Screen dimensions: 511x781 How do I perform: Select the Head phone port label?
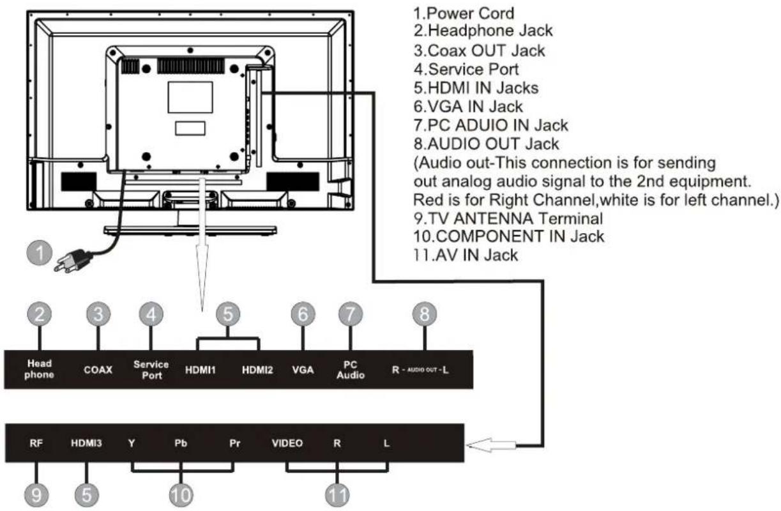click(39, 370)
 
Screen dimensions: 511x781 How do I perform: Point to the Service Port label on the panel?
click(151, 370)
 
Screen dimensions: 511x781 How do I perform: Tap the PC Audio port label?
click(350, 370)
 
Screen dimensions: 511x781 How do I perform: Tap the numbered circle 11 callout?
click(336, 495)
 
